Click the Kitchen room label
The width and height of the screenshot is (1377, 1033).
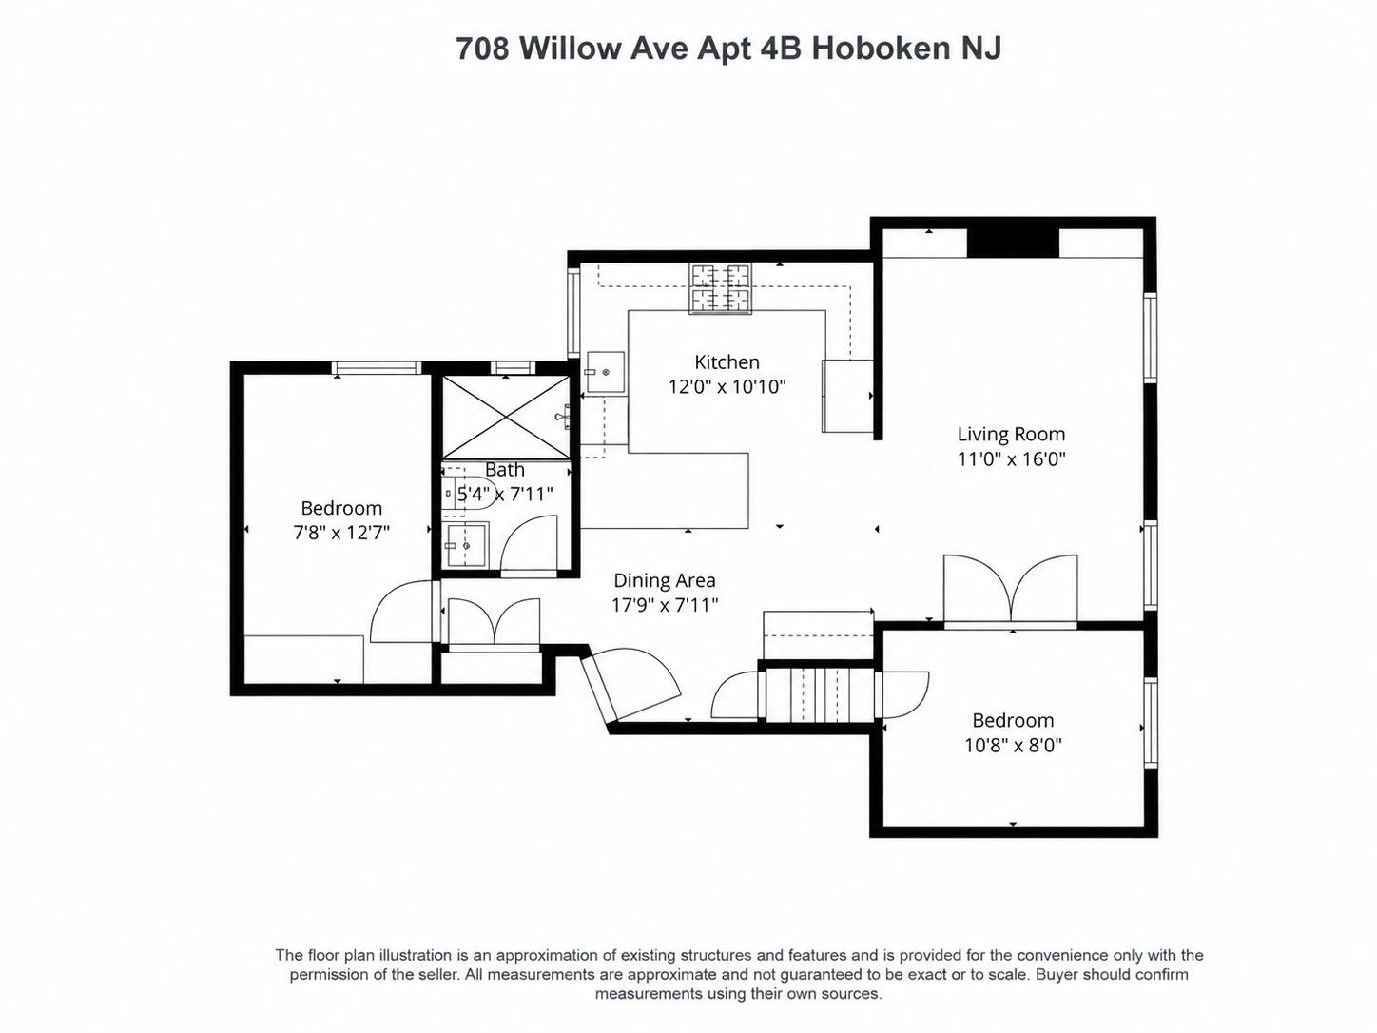(727, 361)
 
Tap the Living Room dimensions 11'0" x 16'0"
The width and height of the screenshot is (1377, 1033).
(1011, 459)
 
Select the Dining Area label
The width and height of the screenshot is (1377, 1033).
(665, 580)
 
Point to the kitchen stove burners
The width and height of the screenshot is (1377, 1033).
(720, 288)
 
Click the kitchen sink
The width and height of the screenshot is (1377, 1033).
(606, 372)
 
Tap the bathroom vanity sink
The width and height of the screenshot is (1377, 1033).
(464, 545)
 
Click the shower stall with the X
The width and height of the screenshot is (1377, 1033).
(506, 417)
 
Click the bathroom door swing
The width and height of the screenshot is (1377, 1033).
(528, 544)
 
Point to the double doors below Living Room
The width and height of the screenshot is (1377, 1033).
(1011, 590)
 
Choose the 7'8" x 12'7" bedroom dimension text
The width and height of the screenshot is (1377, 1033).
(341, 533)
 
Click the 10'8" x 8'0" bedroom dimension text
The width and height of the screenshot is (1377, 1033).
(1013, 745)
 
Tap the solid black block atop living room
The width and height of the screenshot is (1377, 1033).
(1013, 244)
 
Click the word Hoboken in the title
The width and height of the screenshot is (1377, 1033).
(882, 49)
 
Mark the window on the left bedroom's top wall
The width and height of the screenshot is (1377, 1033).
(377, 367)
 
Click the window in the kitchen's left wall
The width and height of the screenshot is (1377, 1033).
(573, 312)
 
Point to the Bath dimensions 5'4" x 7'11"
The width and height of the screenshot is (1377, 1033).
(504, 495)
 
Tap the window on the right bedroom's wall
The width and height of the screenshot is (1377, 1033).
(1151, 723)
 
